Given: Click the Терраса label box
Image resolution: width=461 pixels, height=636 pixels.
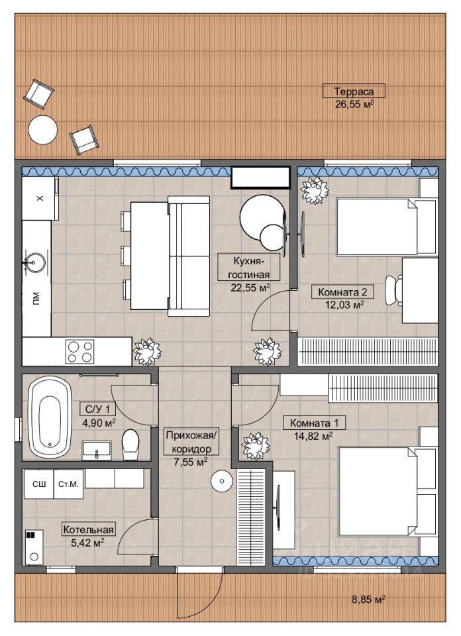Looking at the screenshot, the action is pyautogui.click(x=354, y=91).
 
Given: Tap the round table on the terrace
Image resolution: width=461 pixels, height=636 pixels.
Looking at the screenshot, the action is pyautogui.click(x=42, y=129).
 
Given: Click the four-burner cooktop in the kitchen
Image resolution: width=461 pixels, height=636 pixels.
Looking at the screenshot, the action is pyautogui.click(x=80, y=352).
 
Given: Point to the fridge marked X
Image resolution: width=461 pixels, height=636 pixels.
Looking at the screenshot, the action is pyautogui.click(x=40, y=198).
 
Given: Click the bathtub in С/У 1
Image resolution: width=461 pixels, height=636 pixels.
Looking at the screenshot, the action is pyautogui.click(x=50, y=417).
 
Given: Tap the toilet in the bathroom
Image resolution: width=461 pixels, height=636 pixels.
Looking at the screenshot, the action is pyautogui.click(x=130, y=445).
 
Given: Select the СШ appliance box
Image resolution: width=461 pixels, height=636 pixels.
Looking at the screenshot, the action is pyautogui.click(x=39, y=484).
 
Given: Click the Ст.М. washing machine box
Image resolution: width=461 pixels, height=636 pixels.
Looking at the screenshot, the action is pyautogui.click(x=68, y=484).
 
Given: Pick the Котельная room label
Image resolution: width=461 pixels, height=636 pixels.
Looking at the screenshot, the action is pyautogui.click(x=88, y=530).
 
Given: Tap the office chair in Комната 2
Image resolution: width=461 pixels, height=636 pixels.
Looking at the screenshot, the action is pyautogui.click(x=393, y=290).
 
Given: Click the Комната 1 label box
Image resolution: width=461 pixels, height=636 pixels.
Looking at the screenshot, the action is pyautogui.click(x=314, y=423).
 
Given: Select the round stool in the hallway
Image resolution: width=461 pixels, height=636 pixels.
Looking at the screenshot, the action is pyautogui.click(x=222, y=481).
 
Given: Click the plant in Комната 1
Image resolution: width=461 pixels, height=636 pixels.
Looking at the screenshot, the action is pyautogui.click(x=256, y=446).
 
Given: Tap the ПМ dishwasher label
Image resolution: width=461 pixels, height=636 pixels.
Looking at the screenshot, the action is pyautogui.click(x=36, y=298).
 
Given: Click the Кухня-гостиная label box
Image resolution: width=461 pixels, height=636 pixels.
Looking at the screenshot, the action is pyautogui.click(x=249, y=267).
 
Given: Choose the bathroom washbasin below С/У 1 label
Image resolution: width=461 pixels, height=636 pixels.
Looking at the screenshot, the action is pyautogui.click(x=97, y=450).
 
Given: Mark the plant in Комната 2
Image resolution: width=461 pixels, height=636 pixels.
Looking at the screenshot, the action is pyautogui.click(x=314, y=190).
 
